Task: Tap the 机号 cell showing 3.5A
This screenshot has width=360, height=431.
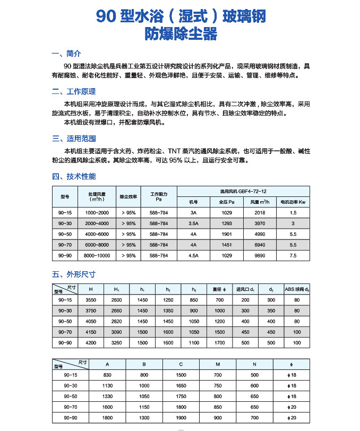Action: point(193,223)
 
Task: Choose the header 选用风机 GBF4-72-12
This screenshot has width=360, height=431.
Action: point(243,191)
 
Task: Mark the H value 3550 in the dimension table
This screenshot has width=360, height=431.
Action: point(91,300)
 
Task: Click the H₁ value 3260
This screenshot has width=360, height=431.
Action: point(116,343)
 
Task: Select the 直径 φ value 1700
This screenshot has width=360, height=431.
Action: point(219,343)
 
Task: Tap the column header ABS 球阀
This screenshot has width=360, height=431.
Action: point(296,289)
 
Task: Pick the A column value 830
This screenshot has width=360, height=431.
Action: point(108,375)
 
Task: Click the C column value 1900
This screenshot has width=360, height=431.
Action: point(181,418)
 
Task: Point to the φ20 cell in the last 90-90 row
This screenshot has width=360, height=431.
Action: point(290,418)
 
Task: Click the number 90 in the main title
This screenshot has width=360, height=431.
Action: point(106,17)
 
